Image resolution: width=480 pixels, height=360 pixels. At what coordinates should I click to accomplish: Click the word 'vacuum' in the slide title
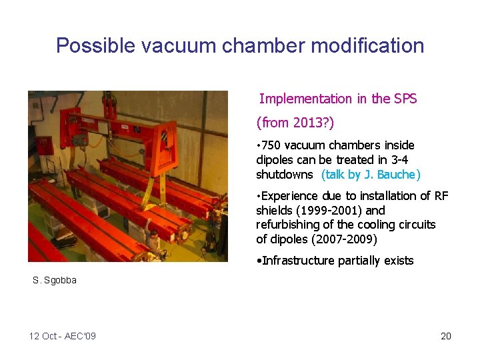[175, 45]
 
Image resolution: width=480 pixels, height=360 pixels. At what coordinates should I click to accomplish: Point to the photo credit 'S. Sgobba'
[55, 280]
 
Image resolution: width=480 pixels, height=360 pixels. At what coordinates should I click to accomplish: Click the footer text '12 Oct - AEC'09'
[63, 336]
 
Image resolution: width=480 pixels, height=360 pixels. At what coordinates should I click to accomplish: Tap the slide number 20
[445, 336]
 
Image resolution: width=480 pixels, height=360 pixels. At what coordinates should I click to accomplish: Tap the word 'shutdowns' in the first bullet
[285, 175]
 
